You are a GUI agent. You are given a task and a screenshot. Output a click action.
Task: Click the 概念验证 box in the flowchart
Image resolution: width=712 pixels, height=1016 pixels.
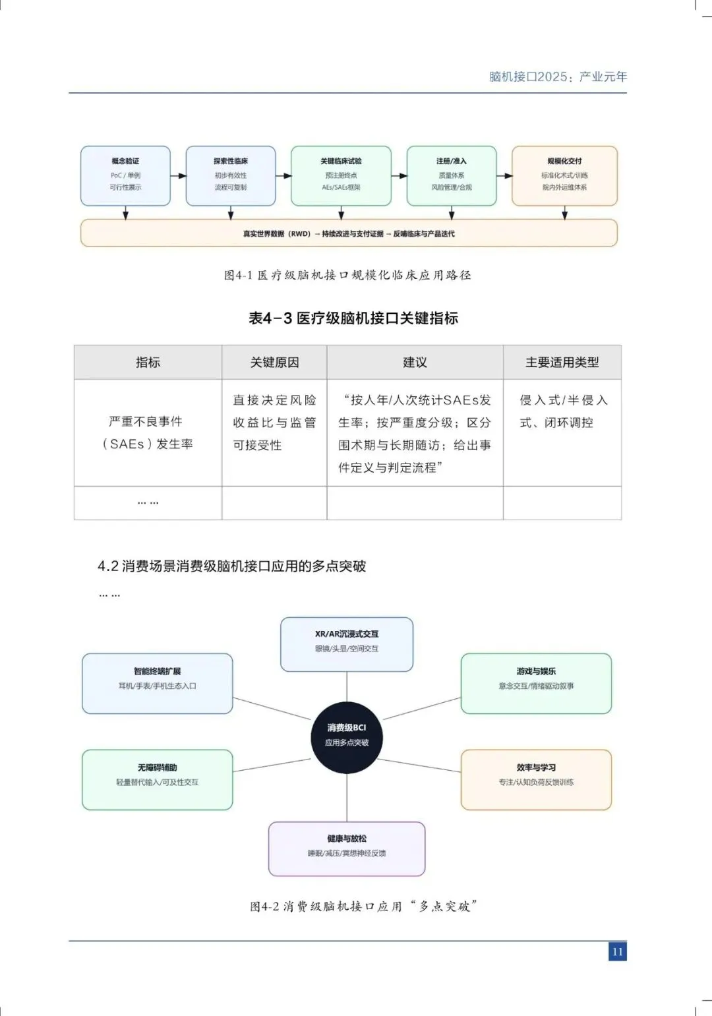tap(125, 175)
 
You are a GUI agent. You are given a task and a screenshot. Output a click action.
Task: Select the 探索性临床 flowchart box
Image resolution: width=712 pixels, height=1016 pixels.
tap(231, 175)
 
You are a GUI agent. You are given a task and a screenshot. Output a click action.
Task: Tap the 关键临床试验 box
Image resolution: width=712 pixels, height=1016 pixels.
tap(341, 175)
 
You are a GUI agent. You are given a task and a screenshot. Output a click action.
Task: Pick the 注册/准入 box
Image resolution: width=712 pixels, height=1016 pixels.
tap(452, 175)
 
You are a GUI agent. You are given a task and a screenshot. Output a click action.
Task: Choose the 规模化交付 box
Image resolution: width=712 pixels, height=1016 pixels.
tap(564, 175)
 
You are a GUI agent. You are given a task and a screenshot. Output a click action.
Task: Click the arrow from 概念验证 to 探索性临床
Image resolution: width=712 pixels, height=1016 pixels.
tap(178, 175)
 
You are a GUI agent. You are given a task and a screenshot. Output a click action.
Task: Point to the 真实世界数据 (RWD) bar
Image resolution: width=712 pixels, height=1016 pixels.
tap(349, 233)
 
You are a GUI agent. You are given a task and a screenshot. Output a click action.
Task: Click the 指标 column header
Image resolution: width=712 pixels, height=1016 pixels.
tap(148, 362)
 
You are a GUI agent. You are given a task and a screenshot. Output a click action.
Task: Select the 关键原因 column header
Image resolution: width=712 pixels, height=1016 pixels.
tap(274, 362)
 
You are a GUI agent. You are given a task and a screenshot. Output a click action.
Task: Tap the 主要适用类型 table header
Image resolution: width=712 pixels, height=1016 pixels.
tap(562, 362)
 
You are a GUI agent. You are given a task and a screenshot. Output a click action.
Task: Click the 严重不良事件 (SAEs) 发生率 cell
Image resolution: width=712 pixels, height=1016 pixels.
tap(148, 433)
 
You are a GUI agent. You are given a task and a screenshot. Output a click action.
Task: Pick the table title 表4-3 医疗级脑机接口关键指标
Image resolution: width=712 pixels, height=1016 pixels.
tap(353, 318)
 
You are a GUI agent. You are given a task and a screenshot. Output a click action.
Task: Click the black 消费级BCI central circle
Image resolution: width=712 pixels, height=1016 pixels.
tap(347, 735)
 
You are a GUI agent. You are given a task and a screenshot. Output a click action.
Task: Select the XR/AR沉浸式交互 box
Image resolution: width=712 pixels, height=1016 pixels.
tap(347, 643)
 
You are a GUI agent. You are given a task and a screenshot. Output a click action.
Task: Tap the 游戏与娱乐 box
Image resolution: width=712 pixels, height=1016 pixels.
tap(536, 683)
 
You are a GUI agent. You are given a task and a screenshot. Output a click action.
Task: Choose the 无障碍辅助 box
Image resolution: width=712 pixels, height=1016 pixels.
tap(158, 779)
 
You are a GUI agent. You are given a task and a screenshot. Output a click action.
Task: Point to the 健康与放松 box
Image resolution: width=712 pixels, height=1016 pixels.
tap(347, 849)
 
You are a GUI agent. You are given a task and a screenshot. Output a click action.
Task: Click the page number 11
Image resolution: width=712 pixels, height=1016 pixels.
tap(618, 951)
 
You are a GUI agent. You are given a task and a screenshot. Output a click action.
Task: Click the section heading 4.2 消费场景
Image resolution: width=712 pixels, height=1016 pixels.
tap(231, 566)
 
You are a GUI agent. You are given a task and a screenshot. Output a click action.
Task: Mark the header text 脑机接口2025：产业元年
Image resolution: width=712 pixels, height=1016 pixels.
tap(558, 76)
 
